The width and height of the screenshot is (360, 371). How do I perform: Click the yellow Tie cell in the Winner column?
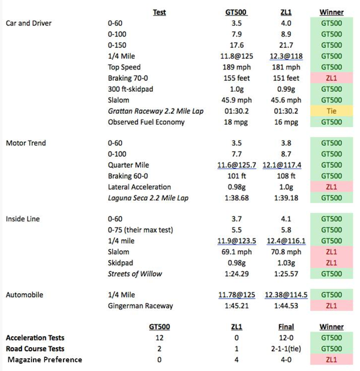[331, 111]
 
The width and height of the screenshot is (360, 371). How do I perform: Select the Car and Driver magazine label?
[28, 23]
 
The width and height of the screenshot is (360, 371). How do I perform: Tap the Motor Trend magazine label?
[26, 143]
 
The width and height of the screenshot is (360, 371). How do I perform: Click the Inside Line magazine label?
[23, 219]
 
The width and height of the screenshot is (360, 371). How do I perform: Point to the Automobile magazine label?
[24, 295]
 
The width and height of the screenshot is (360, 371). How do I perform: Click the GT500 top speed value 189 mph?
[236, 67]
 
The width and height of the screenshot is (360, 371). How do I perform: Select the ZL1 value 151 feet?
[285, 78]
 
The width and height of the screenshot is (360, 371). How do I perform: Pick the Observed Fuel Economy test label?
[146, 122]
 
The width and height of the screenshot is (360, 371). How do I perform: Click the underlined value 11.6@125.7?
[236, 165]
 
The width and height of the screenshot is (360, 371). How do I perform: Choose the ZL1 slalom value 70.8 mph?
[285, 252]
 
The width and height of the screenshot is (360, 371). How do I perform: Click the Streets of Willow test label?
[136, 274]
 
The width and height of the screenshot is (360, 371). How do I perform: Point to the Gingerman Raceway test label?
[140, 306]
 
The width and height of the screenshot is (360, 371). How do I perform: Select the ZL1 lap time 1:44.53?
[285, 306]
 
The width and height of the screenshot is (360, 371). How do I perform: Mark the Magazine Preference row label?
[46, 360]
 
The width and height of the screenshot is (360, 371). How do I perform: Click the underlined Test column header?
[160, 11]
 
